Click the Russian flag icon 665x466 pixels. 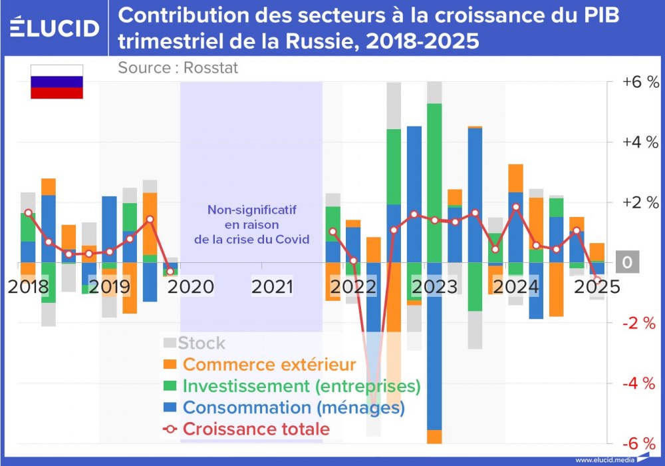click(57, 82)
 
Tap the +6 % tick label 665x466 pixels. click(640, 82)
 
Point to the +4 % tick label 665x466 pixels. click(640, 142)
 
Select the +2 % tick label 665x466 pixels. click(640, 202)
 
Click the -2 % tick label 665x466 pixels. click(640, 324)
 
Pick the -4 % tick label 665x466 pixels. click(640, 383)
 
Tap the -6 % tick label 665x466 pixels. click(640, 444)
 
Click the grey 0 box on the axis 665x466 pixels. click(626, 263)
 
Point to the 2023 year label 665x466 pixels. click(434, 287)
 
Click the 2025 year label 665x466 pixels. click(597, 287)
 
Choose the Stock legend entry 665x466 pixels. click(201, 344)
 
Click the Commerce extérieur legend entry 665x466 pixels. click(269, 365)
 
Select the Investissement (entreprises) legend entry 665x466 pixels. click(301, 386)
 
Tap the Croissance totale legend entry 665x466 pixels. click(255, 429)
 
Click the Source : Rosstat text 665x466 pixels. click(178, 67)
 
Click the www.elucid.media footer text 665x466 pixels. click(603, 459)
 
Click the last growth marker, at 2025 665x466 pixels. click(597, 280)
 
